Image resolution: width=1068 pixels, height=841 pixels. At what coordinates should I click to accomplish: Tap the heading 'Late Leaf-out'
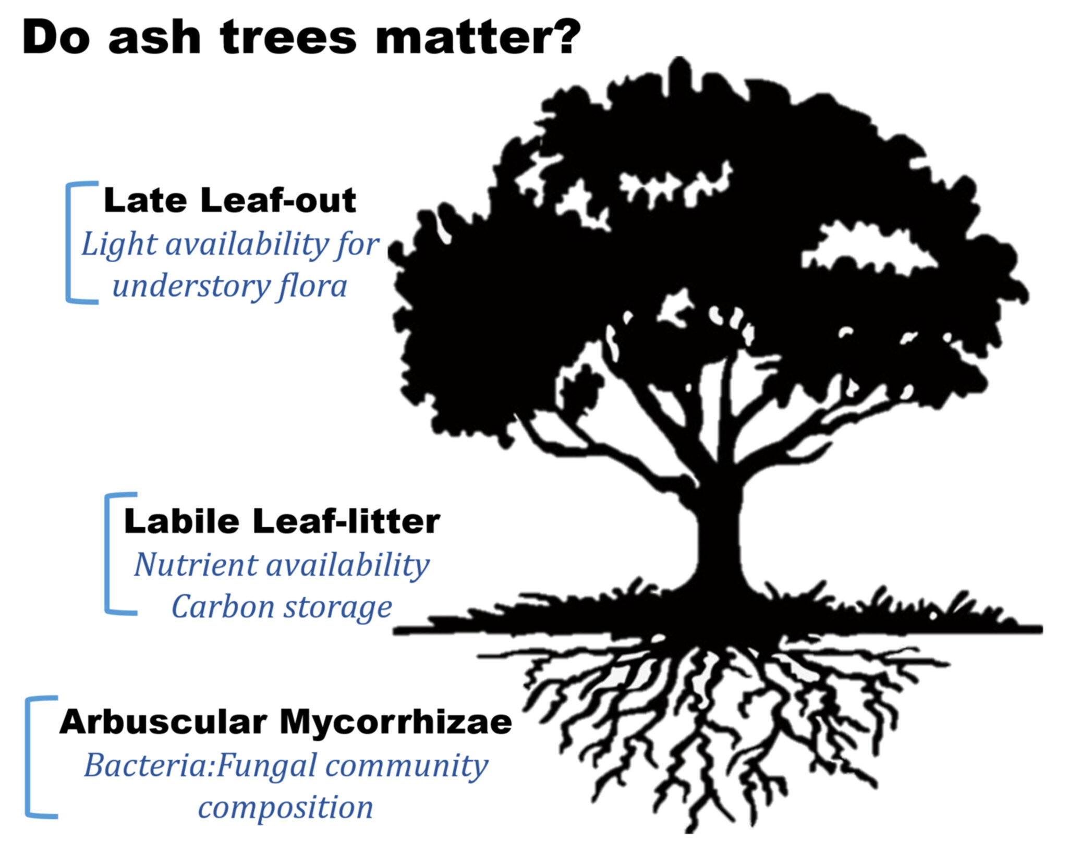229,200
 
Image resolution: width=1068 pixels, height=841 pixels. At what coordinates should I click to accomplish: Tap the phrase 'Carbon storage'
282,607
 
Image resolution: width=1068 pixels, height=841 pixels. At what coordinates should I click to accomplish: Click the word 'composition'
285,808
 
